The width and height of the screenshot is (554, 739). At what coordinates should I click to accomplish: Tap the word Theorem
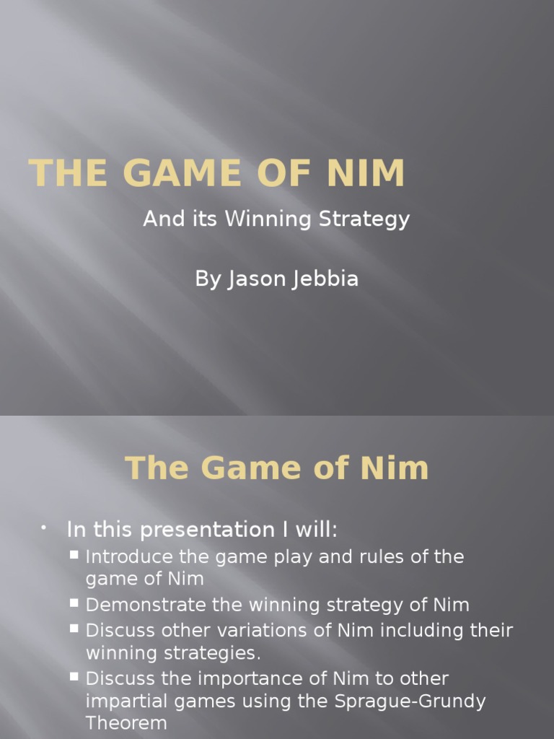tap(126, 724)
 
